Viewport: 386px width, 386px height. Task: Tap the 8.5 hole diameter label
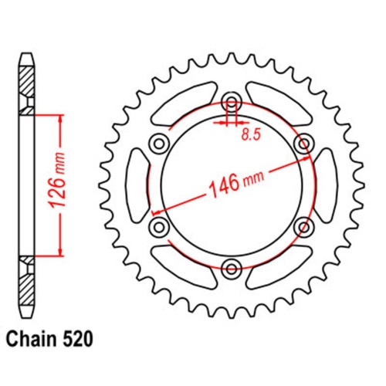pos(251,134)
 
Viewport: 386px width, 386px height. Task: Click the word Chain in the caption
pos(32,339)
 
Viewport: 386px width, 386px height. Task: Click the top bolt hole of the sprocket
pos(232,101)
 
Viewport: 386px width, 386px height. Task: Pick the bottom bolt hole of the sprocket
pos(232,269)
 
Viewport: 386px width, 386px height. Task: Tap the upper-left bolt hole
pos(159,144)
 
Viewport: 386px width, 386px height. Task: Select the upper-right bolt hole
pos(304,144)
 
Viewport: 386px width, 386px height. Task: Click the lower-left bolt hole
pos(159,227)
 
